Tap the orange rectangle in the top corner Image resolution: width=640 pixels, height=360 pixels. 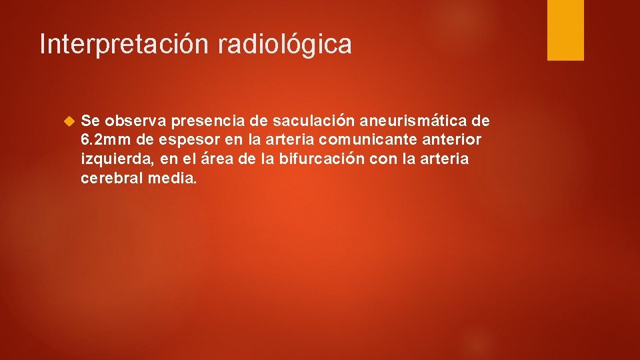pos(565,30)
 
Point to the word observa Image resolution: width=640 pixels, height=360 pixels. pos(135,121)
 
